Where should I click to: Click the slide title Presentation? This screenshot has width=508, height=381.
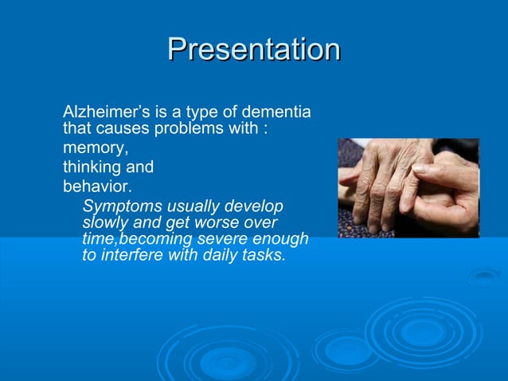point(254,49)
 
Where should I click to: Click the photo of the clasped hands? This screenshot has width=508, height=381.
point(408,188)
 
